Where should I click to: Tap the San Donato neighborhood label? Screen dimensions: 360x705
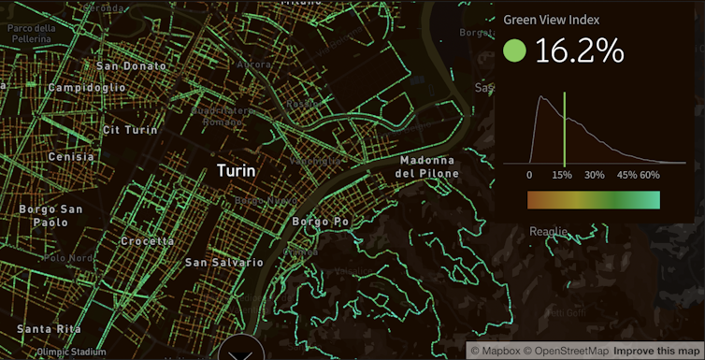click(131, 66)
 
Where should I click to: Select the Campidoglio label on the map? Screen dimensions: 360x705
click(87, 87)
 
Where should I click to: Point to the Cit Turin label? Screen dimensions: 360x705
click(130, 130)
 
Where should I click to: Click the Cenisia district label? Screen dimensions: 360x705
click(71, 157)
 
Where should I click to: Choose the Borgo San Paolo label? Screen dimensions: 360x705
click(44, 215)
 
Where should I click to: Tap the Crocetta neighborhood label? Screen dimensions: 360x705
click(147, 240)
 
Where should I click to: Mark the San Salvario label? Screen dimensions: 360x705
click(223, 263)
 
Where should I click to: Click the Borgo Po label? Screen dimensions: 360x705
click(321, 222)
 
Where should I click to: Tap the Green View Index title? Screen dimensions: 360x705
click(551, 20)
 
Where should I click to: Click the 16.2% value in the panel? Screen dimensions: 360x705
click(579, 52)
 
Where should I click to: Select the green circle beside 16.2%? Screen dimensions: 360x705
click(514, 51)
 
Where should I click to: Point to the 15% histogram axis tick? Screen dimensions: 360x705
click(562, 175)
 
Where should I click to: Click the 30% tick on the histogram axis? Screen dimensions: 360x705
click(594, 175)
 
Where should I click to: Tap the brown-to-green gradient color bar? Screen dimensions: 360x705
click(593, 200)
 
